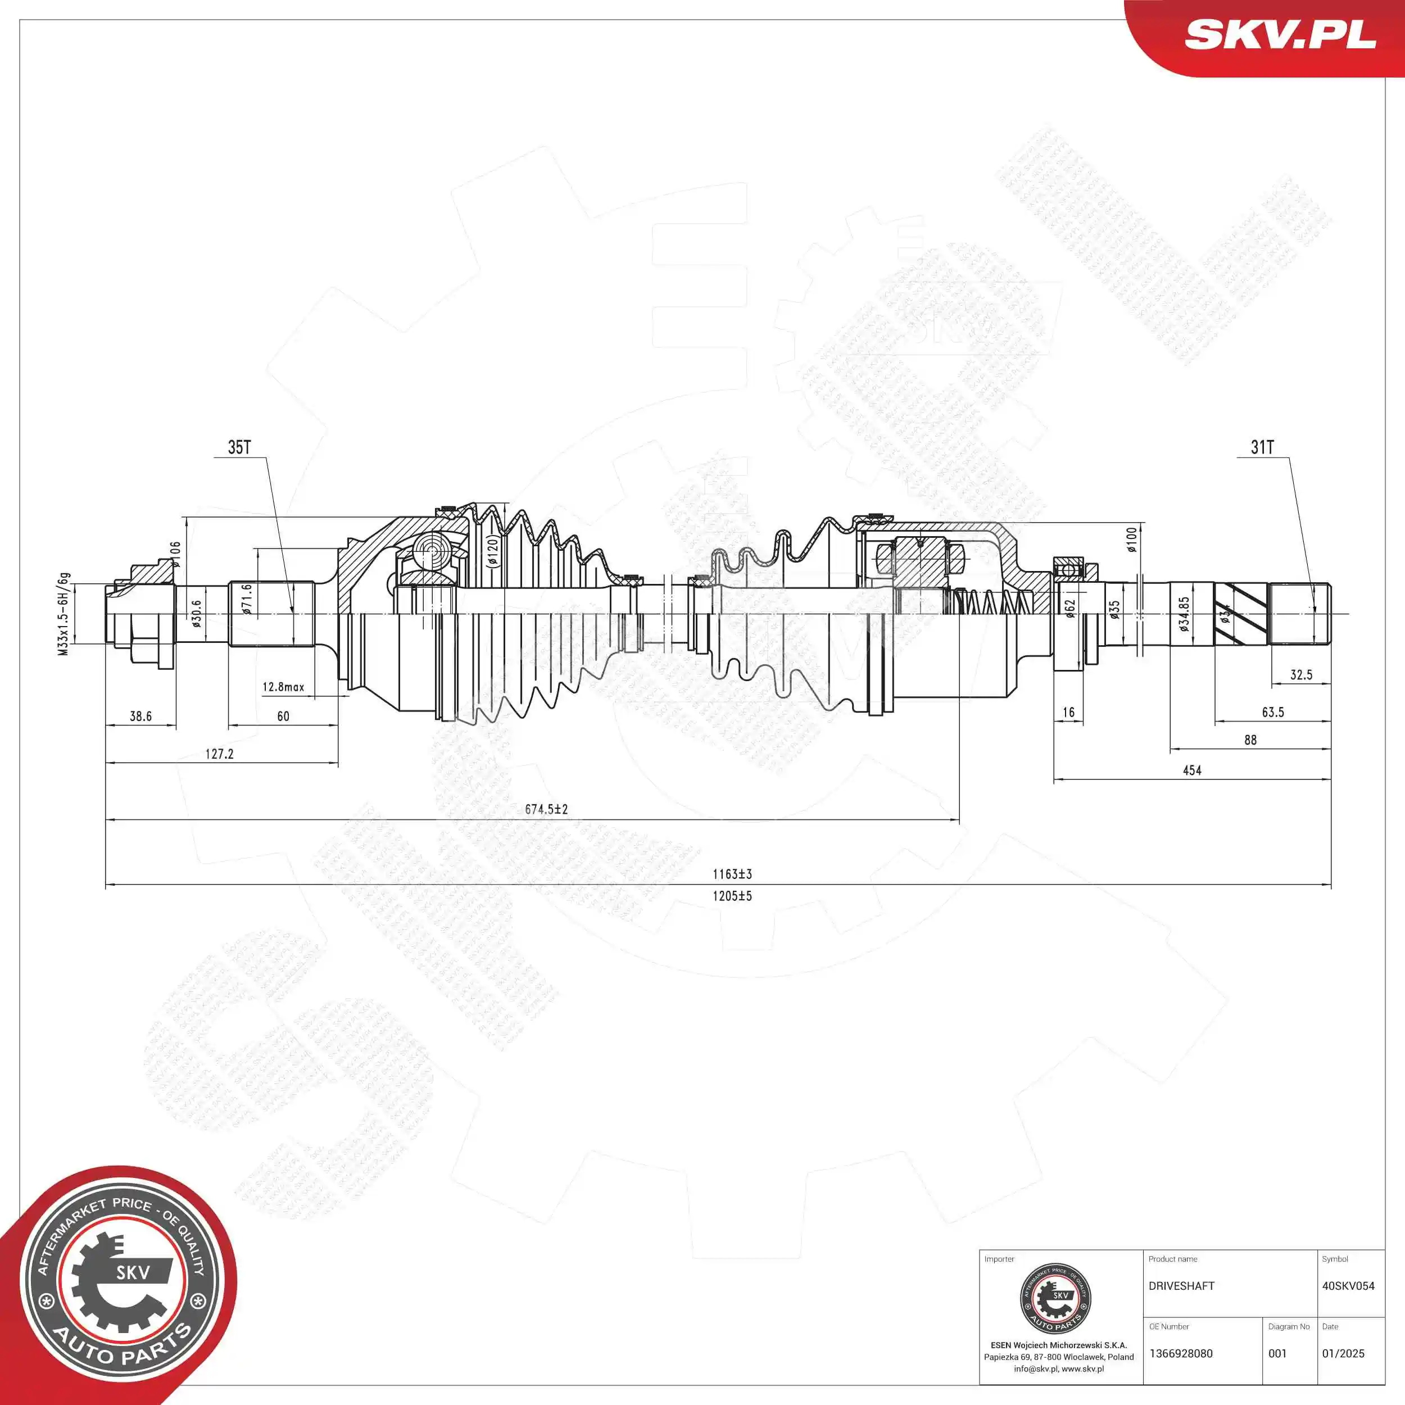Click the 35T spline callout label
[x=239, y=447]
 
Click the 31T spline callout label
[x=1262, y=447]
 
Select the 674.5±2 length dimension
[x=546, y=809]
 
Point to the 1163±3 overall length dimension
[x=732, y=874]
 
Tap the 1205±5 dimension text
[x=732, y=896]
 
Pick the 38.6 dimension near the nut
[x=140, y=717]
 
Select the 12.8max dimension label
[x=283, y=687]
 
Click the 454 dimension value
[x=1192, y=770]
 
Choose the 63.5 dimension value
[x=1272, y=712]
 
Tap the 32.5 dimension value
[x=1301, y=675]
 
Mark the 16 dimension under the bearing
[x=1068, y=712]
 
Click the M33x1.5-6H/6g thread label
[x=64, y=614]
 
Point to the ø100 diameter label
[x=1131, y=540]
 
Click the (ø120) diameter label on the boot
[x=492, y=551]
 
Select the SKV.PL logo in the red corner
[x=1280, y=34]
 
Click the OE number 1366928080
[x=1181, y=1353]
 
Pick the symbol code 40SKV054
[x=1348, y=1286]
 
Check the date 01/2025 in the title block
[x=1343, y=1353]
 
